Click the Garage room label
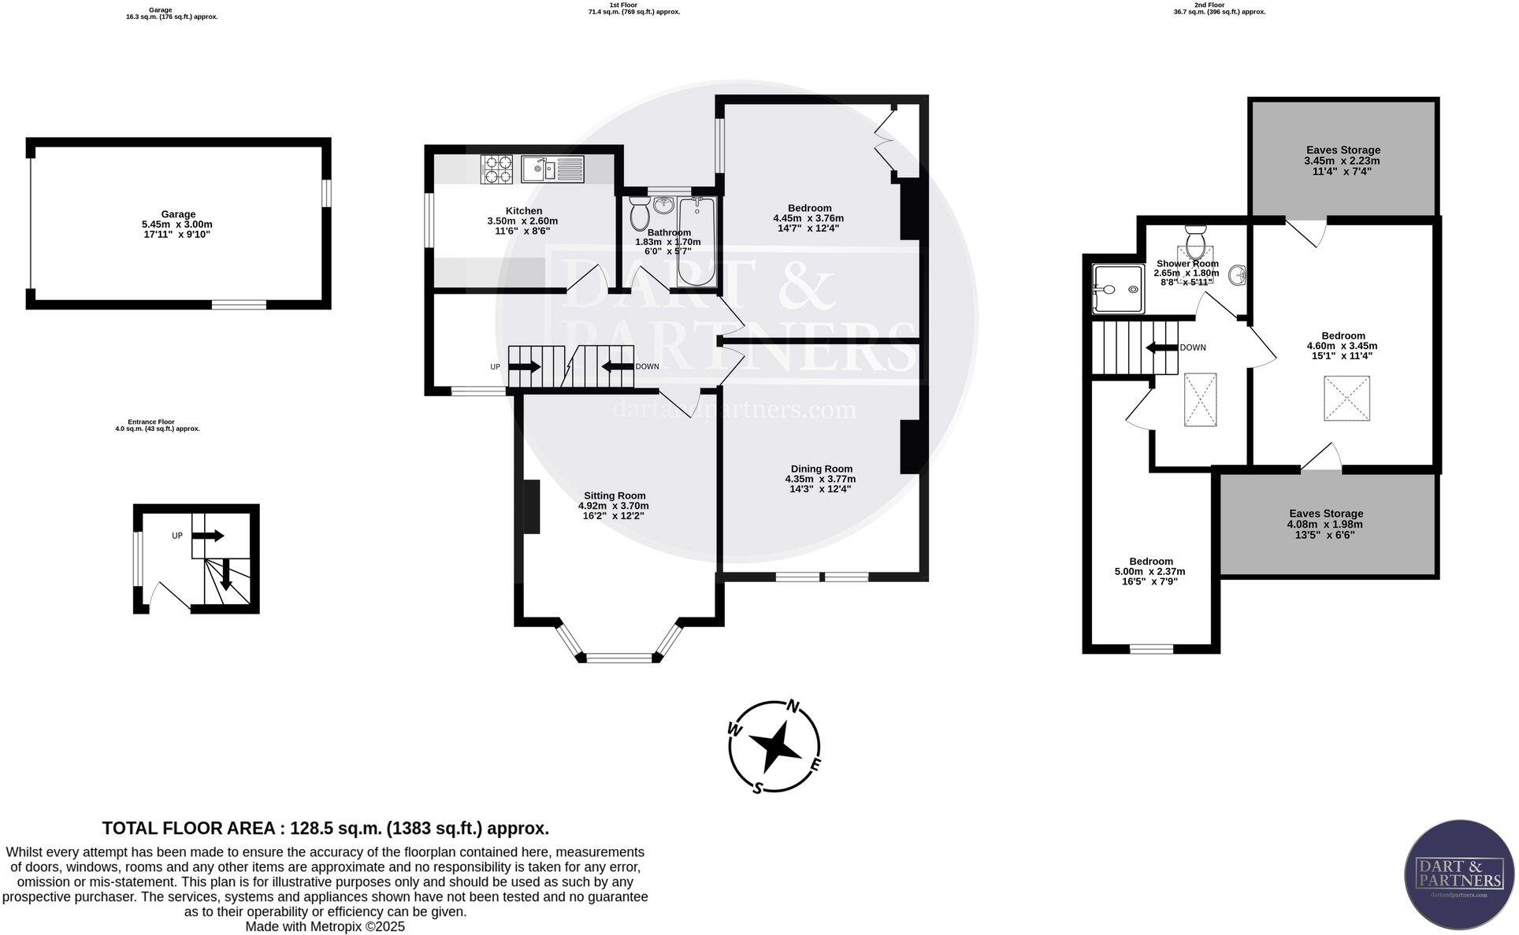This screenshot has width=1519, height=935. [178, 214]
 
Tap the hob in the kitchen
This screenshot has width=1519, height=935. [497, 169]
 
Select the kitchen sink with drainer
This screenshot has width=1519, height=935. [552, 169]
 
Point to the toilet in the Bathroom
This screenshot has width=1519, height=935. [639, 213]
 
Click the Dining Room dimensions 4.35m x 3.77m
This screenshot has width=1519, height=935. [820, 479]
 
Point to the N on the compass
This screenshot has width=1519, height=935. [795, 706]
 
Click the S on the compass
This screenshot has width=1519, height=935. [757, 788]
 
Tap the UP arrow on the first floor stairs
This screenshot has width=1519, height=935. [525, 366]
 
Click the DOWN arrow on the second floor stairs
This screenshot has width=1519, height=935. [1160, 347]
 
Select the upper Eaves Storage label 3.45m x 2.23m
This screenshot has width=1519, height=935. [1343, 161]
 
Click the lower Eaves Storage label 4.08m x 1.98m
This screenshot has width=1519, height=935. [1325, 524]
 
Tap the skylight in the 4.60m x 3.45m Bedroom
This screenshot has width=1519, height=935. [1346, 398]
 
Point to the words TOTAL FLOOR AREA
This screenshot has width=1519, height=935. [188, 828]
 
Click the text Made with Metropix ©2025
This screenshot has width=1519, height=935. [325, 926]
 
